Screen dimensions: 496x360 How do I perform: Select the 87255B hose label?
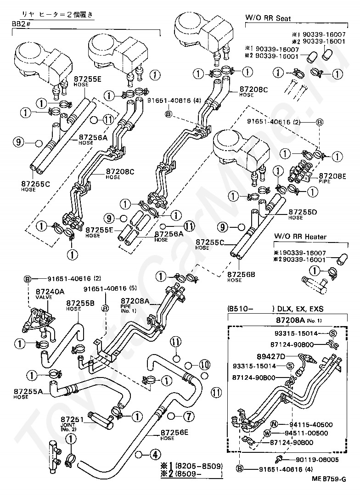pos(80,303)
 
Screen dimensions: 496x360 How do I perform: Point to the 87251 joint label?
pos(73,420)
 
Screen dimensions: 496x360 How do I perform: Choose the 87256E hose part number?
pos(174,433)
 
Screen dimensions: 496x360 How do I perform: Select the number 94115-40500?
pos(311,424)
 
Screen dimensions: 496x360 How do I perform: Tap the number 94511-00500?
pos(311,433)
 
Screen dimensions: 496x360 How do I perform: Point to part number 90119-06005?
pos(311,459)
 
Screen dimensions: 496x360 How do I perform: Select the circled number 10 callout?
pos(204,364)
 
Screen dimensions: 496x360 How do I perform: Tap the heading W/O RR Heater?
pos(300,237)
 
